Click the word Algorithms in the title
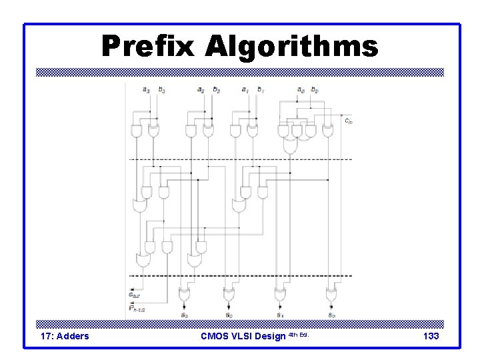(291, 47)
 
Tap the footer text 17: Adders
(65, 336)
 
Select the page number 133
(431, 336)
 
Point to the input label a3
(146, 89)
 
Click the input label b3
(162, 89)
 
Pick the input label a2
(201, 89)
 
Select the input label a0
(300, 89)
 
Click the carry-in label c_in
(349, 121)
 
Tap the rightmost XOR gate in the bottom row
(331, 293)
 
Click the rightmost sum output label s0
(331, 314)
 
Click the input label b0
(316, 89)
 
